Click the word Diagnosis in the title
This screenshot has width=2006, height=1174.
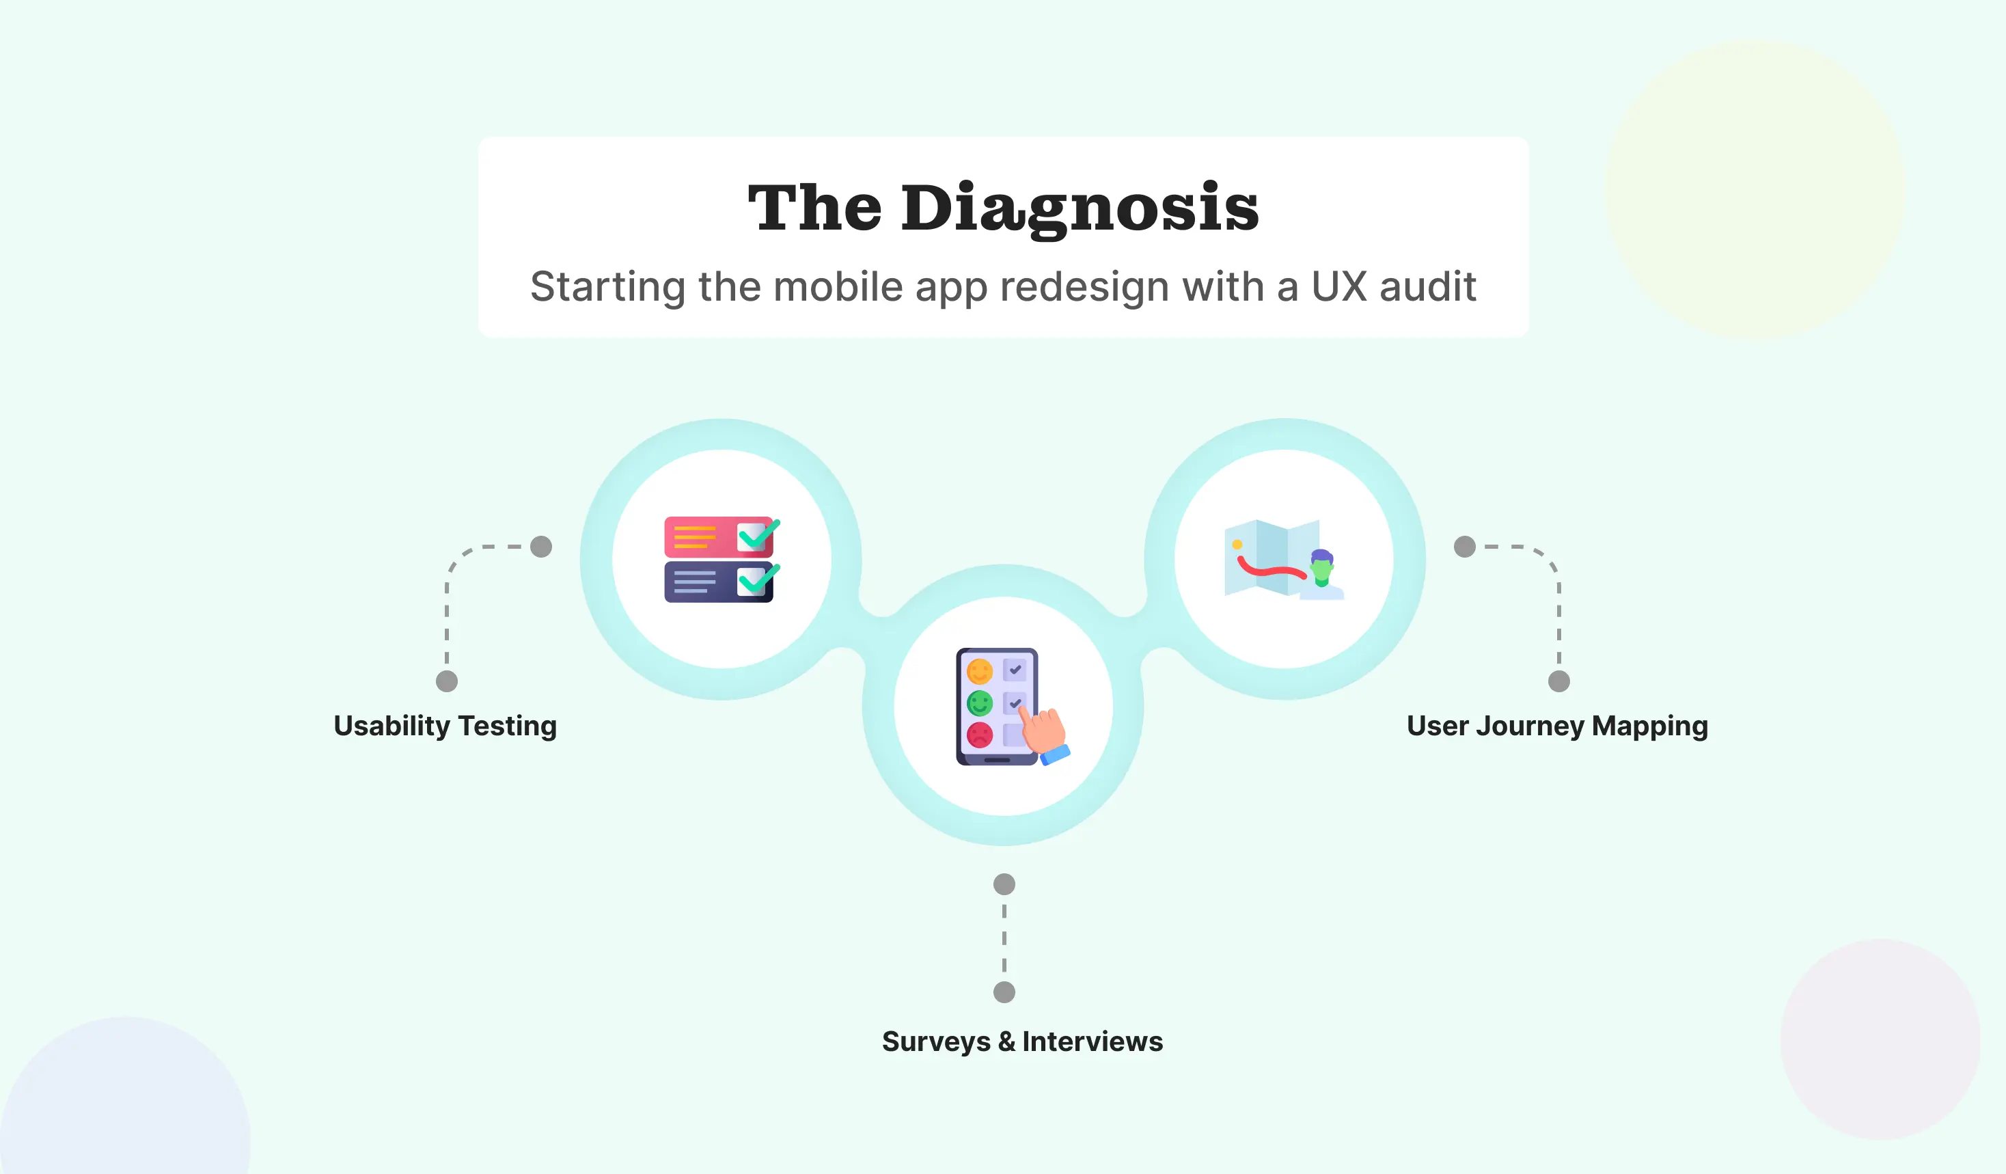pos(1080,208)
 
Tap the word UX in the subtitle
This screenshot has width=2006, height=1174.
pos(1339,286)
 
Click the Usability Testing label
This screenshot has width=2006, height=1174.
pos(445,726)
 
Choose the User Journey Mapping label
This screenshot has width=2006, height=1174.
pos(1557,726)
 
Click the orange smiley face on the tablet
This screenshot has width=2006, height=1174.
pos(979,672)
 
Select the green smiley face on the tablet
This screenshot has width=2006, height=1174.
pos(979,702)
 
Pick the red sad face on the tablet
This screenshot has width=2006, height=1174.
pos(979,735)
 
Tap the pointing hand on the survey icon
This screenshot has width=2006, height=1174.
pos(1045,731)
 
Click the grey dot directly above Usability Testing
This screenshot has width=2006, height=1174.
pos(447,681)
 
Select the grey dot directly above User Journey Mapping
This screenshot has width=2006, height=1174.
pos(1558,681)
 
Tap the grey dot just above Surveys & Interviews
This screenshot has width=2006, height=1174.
pos(1004,992)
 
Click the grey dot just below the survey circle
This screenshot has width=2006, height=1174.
pos(1004,884)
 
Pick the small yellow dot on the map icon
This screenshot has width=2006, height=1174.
pos(1237,545)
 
